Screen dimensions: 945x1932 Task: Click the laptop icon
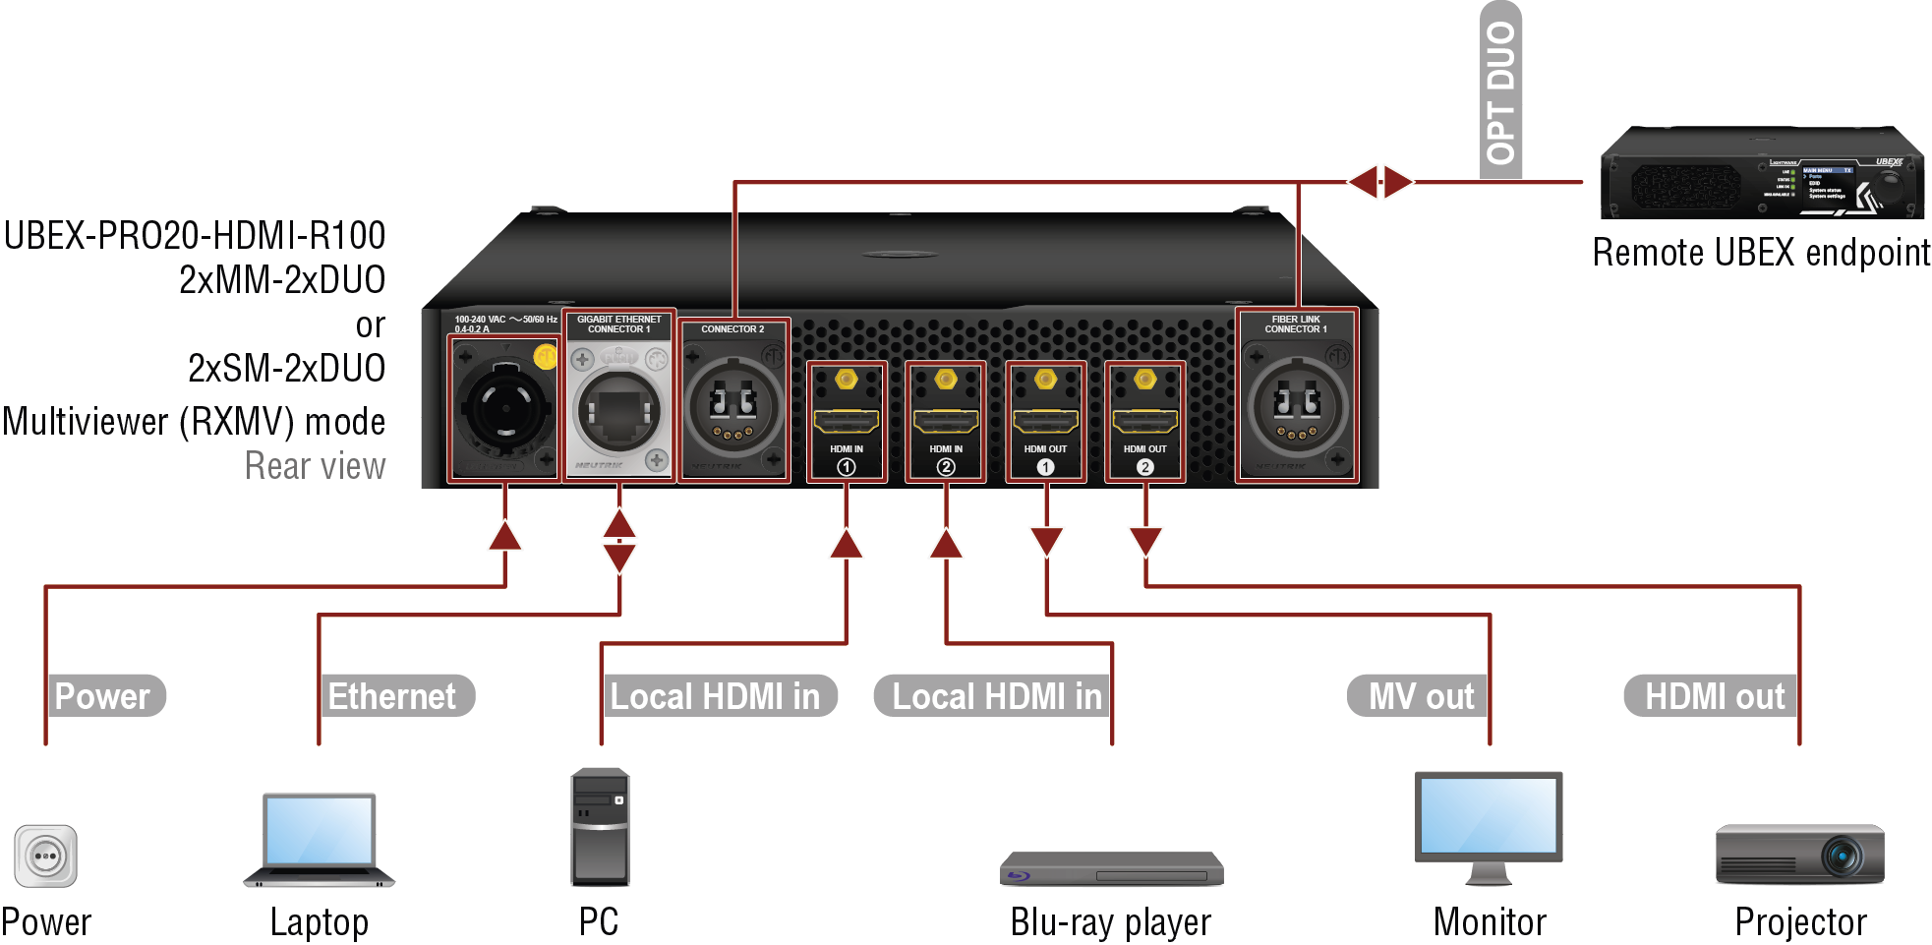(319, 840)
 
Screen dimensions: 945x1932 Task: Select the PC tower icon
(600, 827)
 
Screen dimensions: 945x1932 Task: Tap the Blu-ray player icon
(1111, 868)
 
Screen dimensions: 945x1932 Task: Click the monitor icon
(1488, 827)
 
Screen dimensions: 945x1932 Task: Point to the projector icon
(1799, 855)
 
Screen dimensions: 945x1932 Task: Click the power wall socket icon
(45, 856)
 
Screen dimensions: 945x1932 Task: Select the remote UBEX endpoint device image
(1761, 173)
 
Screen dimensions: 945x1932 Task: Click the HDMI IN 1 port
(846, 422)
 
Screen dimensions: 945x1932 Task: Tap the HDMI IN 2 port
(946, 422)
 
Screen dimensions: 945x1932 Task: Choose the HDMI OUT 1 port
(1045, 422)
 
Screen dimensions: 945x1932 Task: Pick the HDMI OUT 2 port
(1144, 422)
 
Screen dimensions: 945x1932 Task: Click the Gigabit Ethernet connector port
(617, 410)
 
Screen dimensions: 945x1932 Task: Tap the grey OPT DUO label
(1500, 91)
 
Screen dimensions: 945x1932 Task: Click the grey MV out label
(1420, 696)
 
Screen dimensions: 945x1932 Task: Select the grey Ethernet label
(393, 696)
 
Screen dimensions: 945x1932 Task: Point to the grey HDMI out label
(1713, 696)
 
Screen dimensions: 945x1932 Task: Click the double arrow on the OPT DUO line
(1380, 182)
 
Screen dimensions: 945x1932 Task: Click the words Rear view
(315, 466)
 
